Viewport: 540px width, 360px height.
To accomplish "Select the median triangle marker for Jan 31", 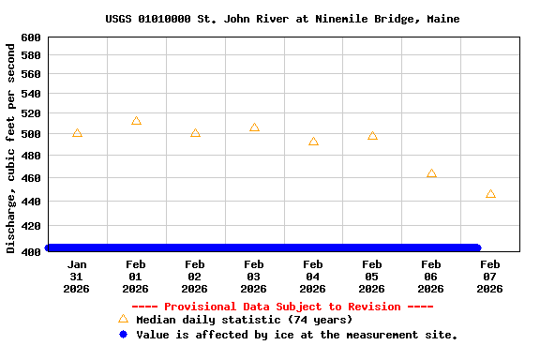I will [77, 133].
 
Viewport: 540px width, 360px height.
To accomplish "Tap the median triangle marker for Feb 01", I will [136, 121].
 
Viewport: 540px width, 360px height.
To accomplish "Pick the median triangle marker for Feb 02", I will [195, 133].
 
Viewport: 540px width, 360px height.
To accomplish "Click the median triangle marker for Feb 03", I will [254, 127].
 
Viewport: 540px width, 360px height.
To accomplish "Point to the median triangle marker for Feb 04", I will [313, 142].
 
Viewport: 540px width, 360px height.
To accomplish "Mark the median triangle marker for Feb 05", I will [372, 136].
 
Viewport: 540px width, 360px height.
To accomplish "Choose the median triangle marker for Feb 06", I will [431, 173].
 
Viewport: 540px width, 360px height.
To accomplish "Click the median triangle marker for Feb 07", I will [490, 194].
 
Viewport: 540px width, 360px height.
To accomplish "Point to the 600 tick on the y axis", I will [31, 37].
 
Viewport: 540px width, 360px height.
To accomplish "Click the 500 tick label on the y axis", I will [31, 134].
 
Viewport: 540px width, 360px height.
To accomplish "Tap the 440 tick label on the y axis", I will [31, 202].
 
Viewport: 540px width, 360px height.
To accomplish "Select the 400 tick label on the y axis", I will [31, 251].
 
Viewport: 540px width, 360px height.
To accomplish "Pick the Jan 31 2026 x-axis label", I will [77, 277].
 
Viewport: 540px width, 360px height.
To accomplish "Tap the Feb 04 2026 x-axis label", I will [313, 277].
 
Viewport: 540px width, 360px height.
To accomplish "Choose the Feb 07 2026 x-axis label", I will [490, 277].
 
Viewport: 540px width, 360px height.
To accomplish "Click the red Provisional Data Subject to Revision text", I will [282, 307].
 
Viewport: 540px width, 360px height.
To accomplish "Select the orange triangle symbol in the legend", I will [123, 320].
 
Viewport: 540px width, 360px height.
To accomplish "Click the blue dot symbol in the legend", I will [123, 334].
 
